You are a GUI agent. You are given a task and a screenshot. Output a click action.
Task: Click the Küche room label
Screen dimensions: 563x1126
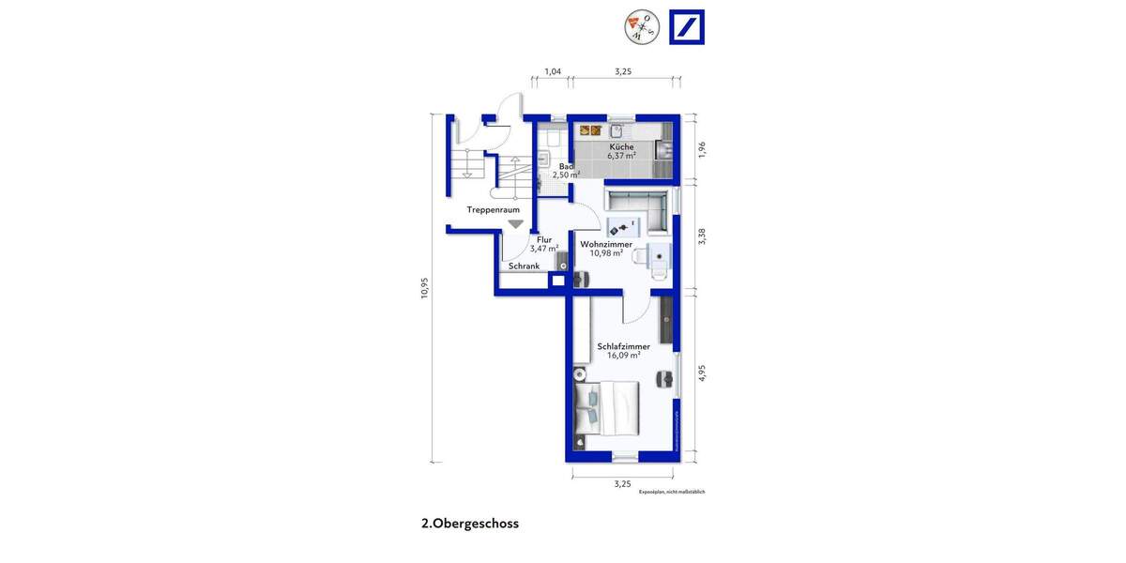point(621,147)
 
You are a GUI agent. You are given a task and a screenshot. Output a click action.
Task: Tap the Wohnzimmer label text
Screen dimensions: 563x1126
point(605,244)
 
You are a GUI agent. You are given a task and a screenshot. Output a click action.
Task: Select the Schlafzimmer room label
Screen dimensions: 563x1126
point(623,346)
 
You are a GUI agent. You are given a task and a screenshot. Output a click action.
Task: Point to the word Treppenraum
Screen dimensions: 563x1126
point(494,210)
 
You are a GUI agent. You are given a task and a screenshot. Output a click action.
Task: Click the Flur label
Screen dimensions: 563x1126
point(544,239)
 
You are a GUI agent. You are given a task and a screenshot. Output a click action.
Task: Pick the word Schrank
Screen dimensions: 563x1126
point(524,266)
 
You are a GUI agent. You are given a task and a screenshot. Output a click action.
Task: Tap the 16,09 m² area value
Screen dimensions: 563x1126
point(623,356)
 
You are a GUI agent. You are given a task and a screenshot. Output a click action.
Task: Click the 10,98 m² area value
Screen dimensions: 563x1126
point(605,253)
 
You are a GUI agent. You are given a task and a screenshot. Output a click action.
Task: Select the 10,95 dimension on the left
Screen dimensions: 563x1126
point(424,288)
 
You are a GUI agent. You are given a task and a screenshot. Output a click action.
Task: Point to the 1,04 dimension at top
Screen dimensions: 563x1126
point(553,72)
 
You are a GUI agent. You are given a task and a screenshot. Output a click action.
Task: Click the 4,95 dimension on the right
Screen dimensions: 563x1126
point(701,373)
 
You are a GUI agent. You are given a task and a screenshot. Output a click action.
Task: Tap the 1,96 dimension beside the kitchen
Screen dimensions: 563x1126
point(701,148)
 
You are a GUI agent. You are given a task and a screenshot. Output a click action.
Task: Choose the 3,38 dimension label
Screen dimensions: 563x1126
point(701,236)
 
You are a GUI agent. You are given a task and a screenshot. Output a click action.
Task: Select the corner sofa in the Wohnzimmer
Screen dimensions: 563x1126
point(638,208)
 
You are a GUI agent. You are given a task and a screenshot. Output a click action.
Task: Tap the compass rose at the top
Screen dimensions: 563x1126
point(640,26)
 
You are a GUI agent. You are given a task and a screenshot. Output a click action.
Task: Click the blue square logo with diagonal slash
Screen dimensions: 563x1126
point(686,27)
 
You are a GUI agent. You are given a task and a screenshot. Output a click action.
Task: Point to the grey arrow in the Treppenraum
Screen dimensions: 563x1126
point(514,223)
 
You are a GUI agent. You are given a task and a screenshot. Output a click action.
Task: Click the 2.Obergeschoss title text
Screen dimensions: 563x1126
point(470,524)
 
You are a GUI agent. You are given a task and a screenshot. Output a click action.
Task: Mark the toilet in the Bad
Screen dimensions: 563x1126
point(552,141)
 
